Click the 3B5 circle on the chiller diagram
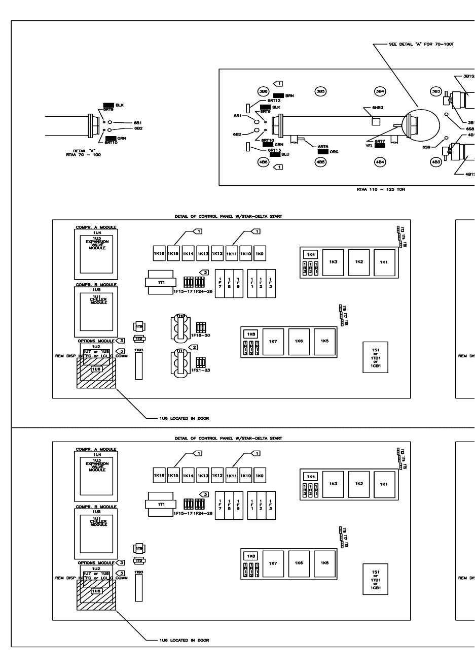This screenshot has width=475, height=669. pos(320,91)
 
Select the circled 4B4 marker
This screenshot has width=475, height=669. pos(380,162)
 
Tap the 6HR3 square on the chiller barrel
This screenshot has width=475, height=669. pos(376,121)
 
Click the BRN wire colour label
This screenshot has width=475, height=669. pos(283,95)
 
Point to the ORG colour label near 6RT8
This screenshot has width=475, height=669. pos(327,152)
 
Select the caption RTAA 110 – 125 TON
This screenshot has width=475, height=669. pos(381,189)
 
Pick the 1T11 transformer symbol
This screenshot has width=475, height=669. pos(179,363)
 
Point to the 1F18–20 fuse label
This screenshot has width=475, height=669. pos(200,336)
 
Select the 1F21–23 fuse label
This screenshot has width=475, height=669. pos(200,370)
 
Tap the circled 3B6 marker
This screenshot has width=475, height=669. pos(263,91)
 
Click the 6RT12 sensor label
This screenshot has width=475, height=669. pos(271,101)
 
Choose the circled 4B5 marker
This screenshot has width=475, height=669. pos(320,162)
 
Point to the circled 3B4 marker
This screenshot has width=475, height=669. pos(380,91)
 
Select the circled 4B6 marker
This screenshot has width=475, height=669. pos(263,162)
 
